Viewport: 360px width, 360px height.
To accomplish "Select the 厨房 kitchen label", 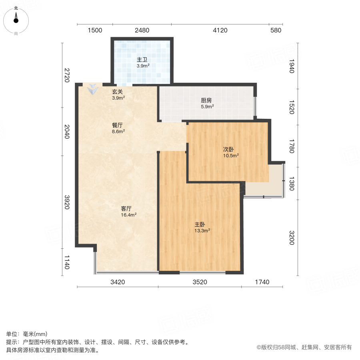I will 207,101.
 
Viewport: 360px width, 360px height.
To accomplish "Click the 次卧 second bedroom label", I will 228,150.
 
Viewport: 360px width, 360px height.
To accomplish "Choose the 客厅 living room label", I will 126,208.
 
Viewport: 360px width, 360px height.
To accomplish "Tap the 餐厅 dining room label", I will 117,125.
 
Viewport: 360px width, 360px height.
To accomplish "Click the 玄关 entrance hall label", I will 117,92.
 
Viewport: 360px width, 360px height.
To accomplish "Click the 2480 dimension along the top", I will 142,30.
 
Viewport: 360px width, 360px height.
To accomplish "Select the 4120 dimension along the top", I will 220,30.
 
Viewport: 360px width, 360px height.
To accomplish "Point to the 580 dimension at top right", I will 276,30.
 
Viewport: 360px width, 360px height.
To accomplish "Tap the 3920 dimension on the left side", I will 67,203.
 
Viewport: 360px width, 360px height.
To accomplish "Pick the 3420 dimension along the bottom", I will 118,282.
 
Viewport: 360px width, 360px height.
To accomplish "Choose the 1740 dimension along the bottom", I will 262,282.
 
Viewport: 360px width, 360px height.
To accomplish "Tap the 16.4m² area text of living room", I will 129,215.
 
